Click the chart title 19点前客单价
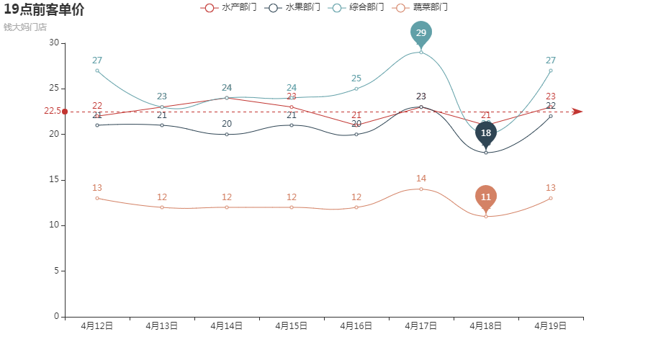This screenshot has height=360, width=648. [x=44, y=10]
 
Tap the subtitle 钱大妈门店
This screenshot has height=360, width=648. [x=25, y=27]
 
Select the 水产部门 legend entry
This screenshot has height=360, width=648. [x=229, y=7]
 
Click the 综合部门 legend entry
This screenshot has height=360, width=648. [x=356, y=7]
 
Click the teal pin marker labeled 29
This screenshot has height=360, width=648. [x=421, y=33]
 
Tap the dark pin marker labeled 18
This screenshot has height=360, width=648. [x=486, y=133]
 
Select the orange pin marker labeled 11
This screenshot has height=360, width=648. [x=486, y=197]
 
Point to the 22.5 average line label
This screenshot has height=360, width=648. [x=52, y=112]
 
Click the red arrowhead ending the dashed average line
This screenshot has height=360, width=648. [x=577, y=112]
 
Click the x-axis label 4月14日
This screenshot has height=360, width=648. [x=226, y=326]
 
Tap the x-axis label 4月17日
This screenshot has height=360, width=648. [x=420, y=326]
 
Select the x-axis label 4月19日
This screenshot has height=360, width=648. [x=550, y=326]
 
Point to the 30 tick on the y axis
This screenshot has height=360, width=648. [x=54, y=43]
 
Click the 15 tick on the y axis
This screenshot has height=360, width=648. [x=54, y=180]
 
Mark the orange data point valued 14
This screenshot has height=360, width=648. [x=421, y=189]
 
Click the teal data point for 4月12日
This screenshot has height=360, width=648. [x=97, y=71]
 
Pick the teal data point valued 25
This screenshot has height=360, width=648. [x=356, y=89]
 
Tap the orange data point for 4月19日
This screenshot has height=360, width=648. [x=551, y=198]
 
